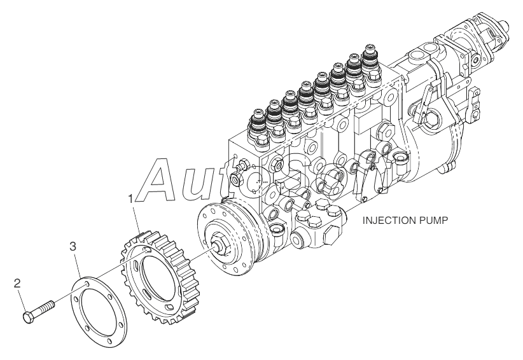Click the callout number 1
pyautogui.click(x=131, y=199)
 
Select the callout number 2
pyautogui.click(x=18, y=282)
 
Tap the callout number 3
pyautogui.click(x=74, y=246)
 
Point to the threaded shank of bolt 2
pyautogui.click(x=45, y=308)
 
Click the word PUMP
pyautogui.click(x=433, y=222)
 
